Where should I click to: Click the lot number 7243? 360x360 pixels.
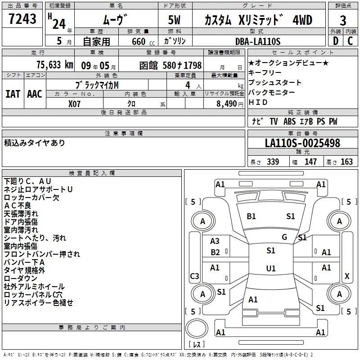(22, 19)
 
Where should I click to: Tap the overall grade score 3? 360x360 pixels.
(343, 20)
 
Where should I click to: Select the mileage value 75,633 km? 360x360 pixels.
(55, 65)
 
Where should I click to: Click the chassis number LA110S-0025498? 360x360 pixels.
(302, 143)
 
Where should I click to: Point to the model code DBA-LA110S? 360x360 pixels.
(258, 41)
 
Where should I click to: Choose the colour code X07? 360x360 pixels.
(74, 104)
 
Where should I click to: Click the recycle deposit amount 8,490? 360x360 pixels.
(226, 104)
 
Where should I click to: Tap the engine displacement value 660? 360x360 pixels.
(139, 41)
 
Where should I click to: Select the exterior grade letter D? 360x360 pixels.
(336, 41)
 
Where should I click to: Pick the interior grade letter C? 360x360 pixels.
(350, 41)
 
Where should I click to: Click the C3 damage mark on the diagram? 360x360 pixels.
(194, 276)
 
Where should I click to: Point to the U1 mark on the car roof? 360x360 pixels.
(271, 268)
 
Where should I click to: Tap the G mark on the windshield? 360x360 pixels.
(284, 237)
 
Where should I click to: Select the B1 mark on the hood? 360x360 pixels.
(251, 216)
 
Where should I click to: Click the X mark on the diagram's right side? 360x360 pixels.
(347, 276)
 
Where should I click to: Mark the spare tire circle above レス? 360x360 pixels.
(197, 329)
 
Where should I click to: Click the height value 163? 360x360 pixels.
(346, 162)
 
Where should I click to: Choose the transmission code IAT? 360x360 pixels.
(13, 94)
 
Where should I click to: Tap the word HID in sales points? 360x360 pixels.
(258, 102)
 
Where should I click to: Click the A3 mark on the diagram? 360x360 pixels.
(215, 241)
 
